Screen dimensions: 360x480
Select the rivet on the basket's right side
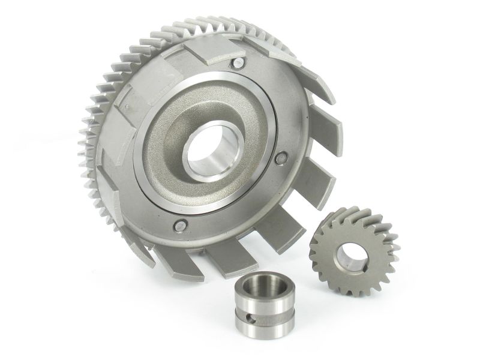click(281, 158)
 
